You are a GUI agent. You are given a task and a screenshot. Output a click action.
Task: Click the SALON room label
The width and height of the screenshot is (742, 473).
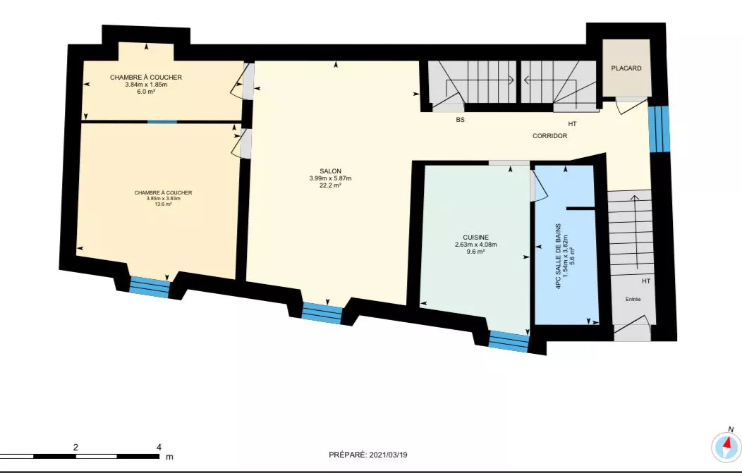pyautogui.click(x=330, y=171)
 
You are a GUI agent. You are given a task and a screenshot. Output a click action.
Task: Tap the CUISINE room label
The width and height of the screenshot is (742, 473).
pyautogui.click(x=475, y=238)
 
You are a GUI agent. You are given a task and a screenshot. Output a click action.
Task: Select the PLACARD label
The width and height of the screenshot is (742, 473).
pyautogui.click(x=626, y=68)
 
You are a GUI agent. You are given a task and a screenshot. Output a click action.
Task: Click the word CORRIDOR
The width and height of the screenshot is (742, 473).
pyautogui.click(x=549, y=135)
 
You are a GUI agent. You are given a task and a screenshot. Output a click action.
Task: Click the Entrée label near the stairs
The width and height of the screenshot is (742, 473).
pyautogui.click(x=633, y=300)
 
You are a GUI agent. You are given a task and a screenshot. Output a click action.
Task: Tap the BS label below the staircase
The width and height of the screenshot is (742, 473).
pyautogui.click(x=460, y=120)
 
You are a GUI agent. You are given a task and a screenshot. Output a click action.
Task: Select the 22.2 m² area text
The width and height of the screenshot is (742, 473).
pyautogui.click(x=330, y=186)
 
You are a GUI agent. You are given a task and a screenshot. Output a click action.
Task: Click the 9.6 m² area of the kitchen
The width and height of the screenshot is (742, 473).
pyautogui.click(x=475, y=252)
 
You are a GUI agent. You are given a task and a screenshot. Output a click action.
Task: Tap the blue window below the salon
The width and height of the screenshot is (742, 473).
pyautogui.click(x=322, y=312)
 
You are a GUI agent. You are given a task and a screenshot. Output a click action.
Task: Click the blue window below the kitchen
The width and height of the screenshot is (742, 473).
pyautogui.click(x=509, y=341)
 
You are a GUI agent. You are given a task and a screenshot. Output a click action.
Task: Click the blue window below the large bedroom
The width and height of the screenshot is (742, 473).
pyautogui.click(x=150, y=286)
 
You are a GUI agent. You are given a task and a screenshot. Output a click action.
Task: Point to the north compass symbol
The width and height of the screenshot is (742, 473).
pyautogui.click(x=726, y=445)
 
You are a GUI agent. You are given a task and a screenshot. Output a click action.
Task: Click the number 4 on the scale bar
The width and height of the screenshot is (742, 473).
pyautogui.click(x=159, y=447)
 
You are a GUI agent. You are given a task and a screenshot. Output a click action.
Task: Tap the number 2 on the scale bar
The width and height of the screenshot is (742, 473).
pyautogui.click(x=75, y=447)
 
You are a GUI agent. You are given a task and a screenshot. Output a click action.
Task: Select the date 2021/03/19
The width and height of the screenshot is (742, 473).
pyautogui.click(x=389, y=455)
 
